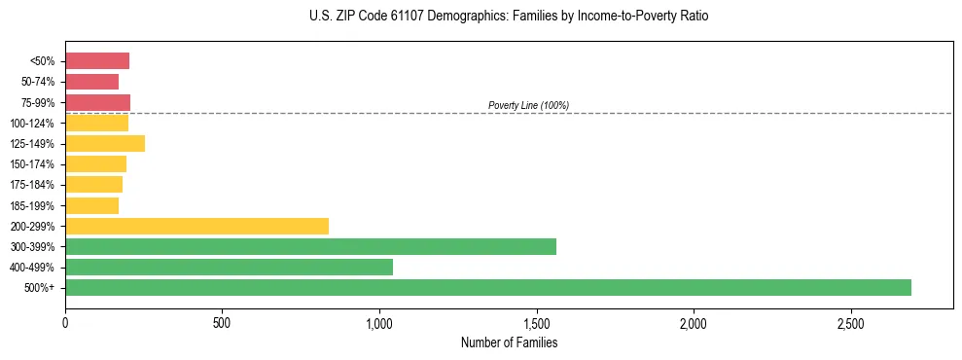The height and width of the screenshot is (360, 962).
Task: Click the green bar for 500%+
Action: click(487, 287)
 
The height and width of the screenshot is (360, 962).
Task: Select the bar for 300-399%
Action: click(310, 246)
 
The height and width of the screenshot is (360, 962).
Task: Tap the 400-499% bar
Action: click(229, 267)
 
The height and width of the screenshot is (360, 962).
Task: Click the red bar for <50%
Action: click(97, 61)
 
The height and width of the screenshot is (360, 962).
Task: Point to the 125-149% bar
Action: click(105, 144)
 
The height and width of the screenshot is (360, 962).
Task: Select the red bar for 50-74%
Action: click(91, 82)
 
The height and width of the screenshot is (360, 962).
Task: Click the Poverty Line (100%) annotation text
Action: click(528, 105)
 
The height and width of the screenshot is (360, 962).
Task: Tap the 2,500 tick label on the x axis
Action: click(850, 322)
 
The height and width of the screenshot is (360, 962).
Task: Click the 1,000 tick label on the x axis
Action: click(379, 322)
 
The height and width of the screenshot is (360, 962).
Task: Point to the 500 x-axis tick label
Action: click(222, 322)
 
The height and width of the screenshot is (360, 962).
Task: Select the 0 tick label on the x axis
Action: click(65, 322)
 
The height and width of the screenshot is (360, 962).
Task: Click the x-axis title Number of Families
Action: click(509, 342)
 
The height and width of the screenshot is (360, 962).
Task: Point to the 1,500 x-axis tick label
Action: click(536, 322)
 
